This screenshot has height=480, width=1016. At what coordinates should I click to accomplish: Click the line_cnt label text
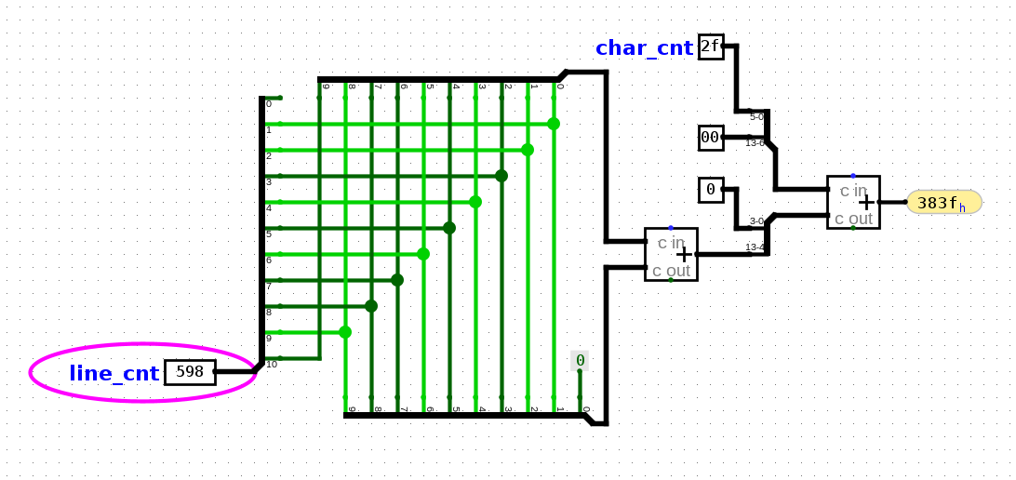(114, 374)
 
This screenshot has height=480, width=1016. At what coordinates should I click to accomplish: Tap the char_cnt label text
(644, 48)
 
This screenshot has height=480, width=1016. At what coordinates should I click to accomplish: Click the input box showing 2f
(711, 47)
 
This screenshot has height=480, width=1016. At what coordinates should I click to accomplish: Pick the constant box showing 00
(711, 138)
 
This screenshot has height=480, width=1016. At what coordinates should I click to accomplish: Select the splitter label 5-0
(756, 117)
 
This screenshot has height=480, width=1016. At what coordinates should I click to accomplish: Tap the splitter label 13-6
(755, 143)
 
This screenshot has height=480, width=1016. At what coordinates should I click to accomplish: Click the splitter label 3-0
(756, 221)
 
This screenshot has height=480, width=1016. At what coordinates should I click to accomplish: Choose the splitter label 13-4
(755, 247)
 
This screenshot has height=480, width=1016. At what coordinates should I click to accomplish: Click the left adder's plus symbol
(684, 254)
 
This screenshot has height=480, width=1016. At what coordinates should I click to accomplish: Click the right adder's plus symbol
(866, 202)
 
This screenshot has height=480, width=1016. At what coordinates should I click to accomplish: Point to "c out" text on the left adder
(671, 271)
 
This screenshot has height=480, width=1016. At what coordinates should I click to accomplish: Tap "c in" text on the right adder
(853, 191)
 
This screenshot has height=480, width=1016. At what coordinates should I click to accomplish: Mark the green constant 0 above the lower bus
(580, 361)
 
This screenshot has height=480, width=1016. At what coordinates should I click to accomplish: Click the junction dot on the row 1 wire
(554, 124)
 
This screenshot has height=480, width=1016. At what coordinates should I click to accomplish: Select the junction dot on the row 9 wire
(345, 332)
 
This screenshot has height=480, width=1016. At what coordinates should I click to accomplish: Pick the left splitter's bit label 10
(272, 365)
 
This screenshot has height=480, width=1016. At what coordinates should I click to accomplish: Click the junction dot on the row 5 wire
(449, 228)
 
